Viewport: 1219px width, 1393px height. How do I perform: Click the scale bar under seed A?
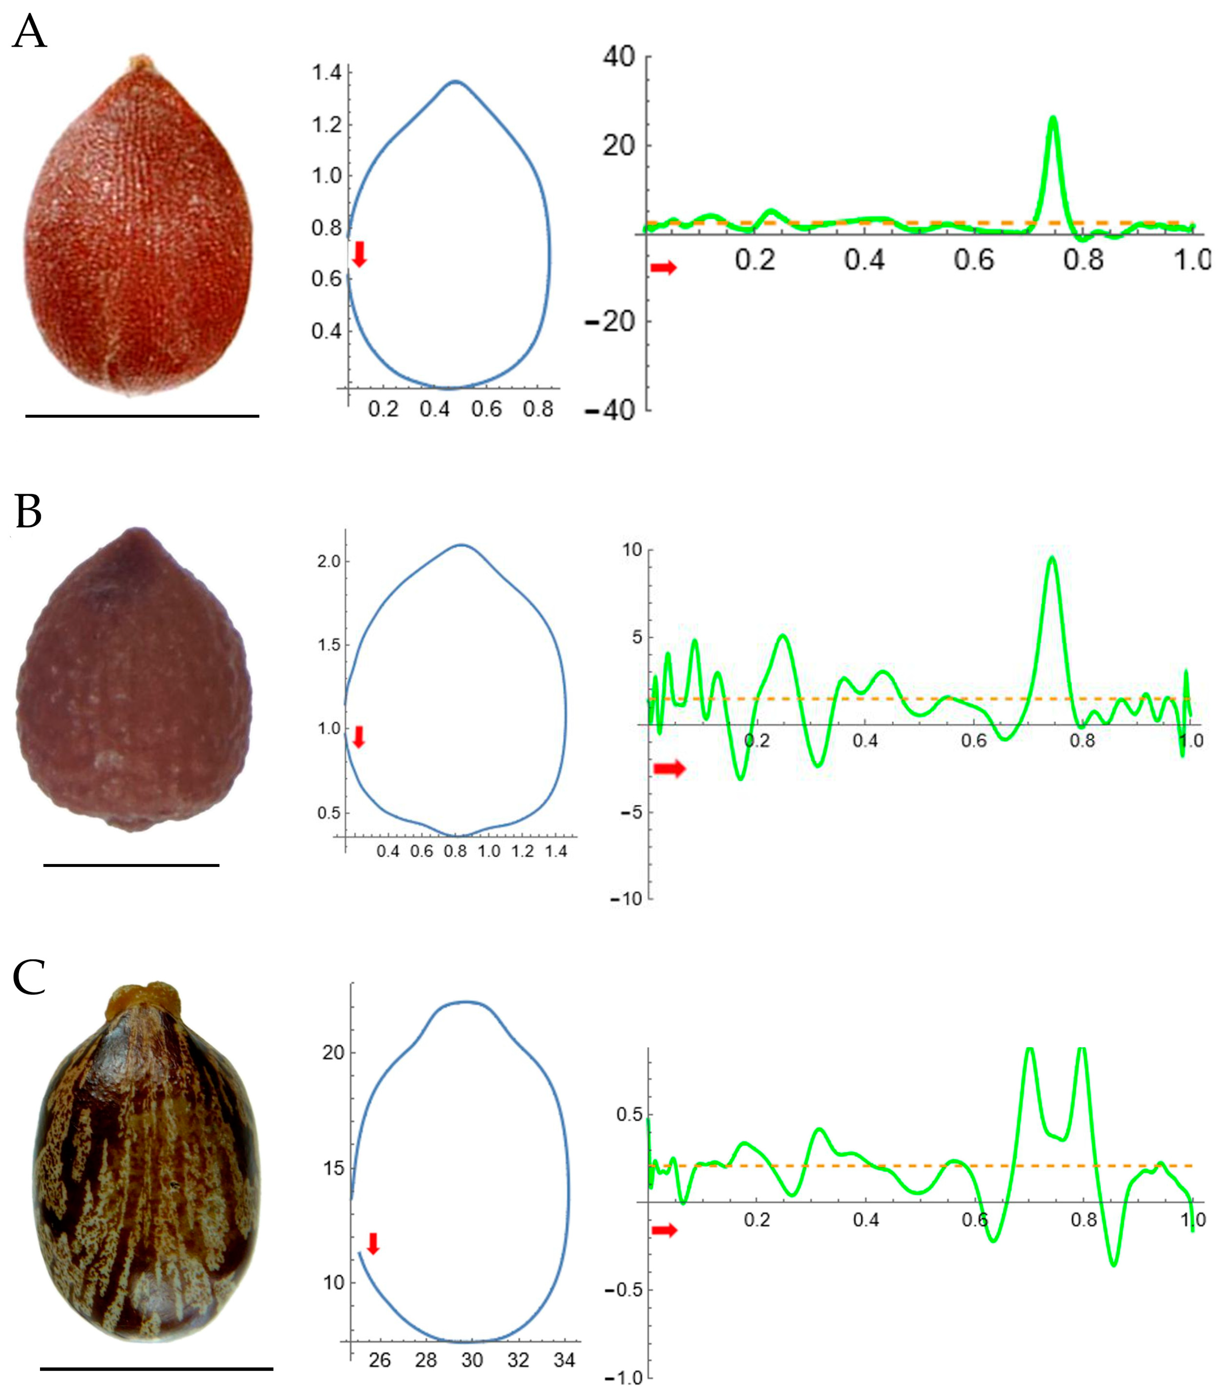coord(142,415)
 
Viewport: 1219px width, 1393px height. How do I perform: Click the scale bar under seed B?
coord(131,865)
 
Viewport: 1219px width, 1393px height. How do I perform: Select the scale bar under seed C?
coord(156,1369)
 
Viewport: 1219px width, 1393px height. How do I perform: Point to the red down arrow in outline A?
coord(360,253)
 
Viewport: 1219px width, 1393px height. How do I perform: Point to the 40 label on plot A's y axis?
coord(618,57)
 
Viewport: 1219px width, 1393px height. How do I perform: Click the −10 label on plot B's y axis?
coord(626,898)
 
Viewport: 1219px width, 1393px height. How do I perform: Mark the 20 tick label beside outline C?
coord(333,1052)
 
